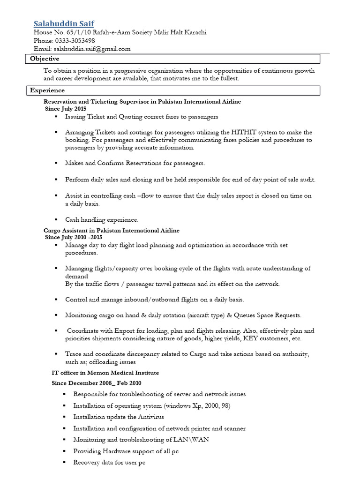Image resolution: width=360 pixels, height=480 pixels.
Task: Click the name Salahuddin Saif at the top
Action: pos(64,23)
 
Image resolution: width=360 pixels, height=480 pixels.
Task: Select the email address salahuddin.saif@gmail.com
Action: pos(92,49)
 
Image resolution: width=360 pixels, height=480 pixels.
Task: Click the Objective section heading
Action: pos(45,59)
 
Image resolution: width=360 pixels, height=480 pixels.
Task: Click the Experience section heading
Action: pos(47,90)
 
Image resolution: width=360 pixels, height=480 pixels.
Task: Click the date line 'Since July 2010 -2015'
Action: pos(74,237)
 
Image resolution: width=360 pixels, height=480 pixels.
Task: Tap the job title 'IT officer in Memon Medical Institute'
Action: pos(105,373)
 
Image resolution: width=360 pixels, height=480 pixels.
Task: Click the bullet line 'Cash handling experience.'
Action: pos(102,219)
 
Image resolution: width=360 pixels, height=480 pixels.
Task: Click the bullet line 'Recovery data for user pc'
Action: pos(109,463)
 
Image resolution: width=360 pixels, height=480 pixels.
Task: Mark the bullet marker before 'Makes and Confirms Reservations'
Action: pos(56,163)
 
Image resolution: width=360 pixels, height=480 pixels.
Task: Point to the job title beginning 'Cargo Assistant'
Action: pos(111,231)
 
